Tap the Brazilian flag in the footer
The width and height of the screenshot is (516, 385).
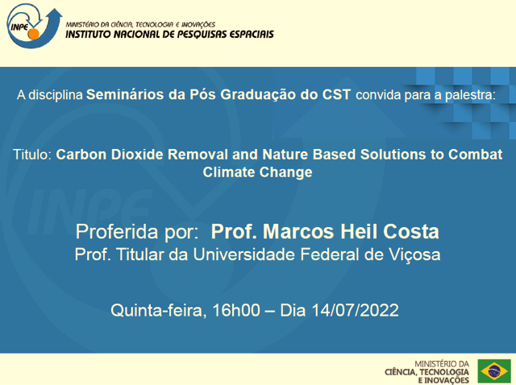pos(493,371)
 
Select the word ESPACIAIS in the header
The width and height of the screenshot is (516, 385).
pos(250,35)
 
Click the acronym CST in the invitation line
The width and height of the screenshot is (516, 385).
pos(336,94)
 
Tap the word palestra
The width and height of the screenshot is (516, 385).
pos(471,94)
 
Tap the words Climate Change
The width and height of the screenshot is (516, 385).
pos(257,172)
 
